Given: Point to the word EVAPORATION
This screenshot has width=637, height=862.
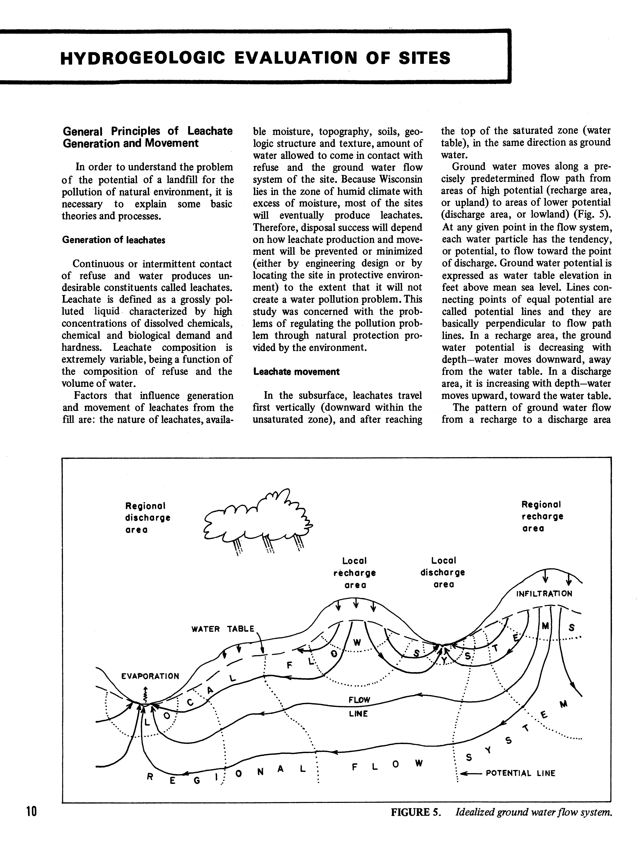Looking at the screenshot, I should click(150, 676).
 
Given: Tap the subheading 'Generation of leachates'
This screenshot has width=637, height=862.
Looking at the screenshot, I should click(113, 240).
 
